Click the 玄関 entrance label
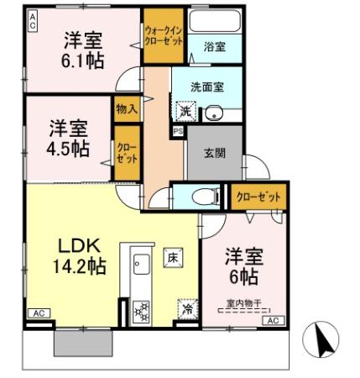tap(214, 153)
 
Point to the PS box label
tap(178, 132)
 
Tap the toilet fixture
tap(201, 197)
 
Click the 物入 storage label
tap(126, 108)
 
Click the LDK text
tap(80, 246)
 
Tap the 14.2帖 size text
tap(80, 267)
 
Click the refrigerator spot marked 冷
tap(187, 308)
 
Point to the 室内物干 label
tap(243, 303)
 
